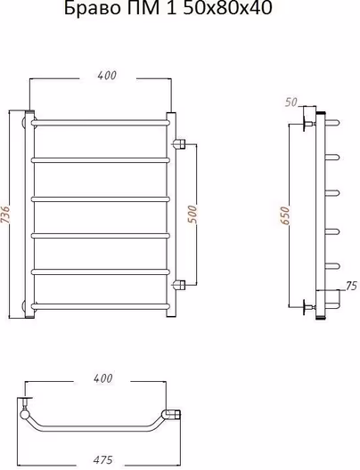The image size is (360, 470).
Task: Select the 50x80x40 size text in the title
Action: [x=227, y=8]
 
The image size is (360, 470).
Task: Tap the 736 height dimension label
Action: [x=6, y=215]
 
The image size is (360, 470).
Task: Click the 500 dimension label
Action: [x=192, y=214]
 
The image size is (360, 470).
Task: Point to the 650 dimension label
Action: [x=285, y=215]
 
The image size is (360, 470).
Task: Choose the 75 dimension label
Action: [x=351, y=286]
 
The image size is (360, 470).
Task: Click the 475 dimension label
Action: [x=102, y=459]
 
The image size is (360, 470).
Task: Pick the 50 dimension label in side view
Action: [x=291, y=102]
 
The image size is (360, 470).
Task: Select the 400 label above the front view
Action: [x=107, y=76]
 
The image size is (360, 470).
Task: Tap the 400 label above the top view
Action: [x=102, y=378]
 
